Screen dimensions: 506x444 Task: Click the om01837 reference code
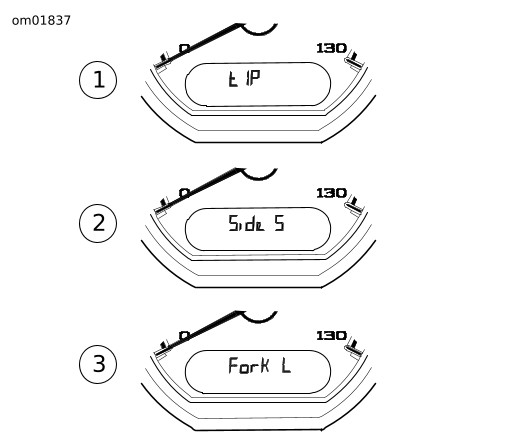coord(41,21)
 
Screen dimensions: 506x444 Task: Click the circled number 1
coord(98,80)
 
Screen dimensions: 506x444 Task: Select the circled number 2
coord(98,223)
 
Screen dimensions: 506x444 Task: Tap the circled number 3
coord(98,364)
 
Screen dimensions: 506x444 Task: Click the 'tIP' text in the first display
coord(244,79)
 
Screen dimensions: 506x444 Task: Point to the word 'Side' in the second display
coord(246,223)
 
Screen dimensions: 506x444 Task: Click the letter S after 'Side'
coord(280,223)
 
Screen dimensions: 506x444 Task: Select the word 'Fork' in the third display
coord(248,365)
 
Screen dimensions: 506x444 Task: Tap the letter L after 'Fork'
coord(286,366)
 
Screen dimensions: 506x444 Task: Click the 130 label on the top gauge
coord(331,48)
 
